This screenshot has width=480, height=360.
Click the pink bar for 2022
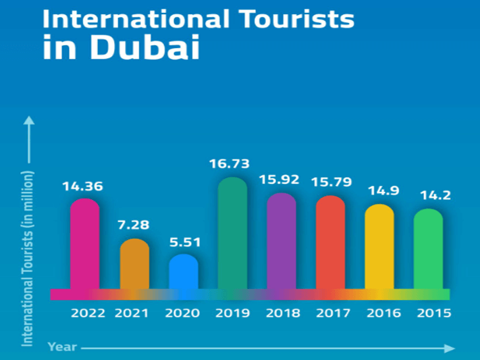click(x=84, y=245)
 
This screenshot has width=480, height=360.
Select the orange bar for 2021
click(x=134, y=265)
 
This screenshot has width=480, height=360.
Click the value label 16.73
click(x=233, y=163)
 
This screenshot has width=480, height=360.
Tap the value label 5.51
click(x=183, y=240)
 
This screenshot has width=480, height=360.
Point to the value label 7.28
click(x=134, y=224)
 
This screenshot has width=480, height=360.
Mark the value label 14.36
click(x=84, y=185)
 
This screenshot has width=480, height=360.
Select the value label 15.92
click(x=282, y=180)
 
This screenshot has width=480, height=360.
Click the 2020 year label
click(x=183, y=313)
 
